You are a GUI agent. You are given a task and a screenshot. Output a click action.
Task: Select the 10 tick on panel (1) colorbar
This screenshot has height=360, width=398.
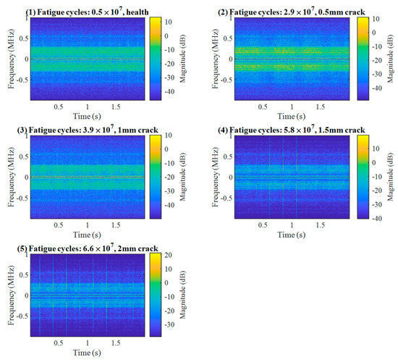click(x=167, y=22)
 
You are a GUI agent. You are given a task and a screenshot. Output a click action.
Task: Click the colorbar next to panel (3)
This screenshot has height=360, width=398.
click(x=156, y=177)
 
